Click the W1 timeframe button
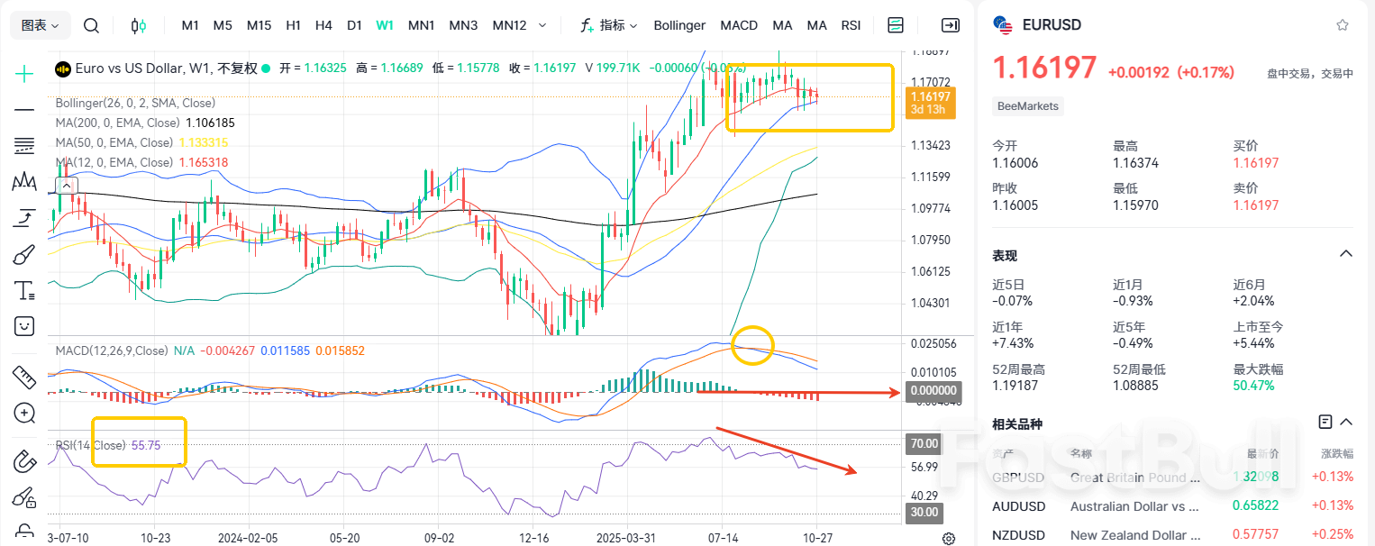tap(385, 25)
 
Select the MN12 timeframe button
tap(509, 25)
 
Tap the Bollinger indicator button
tap(679, 25)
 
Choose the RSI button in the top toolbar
tap(851, 25)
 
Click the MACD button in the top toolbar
tap(739, 25)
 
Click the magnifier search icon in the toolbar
tap(91, 25)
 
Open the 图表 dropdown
tap(41, 25)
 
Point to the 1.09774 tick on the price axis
tap(931, 208)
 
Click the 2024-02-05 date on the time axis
tap(249, 537)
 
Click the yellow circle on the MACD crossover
tap(751, 345)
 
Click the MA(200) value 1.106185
tap(210, 123)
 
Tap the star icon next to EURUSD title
tap(1343, 25)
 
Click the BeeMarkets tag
tap(1028, 106)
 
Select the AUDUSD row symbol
tap(1018, 506)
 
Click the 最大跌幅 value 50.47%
tap(1254, 386)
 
